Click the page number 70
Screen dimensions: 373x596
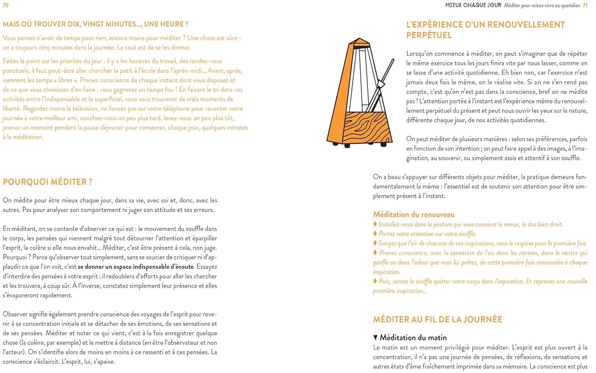tap(6, 5)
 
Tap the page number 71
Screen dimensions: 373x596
tap(585, 5)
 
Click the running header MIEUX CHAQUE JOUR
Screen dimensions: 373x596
tap(473, 5)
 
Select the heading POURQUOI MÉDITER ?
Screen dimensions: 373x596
tap(48, 182)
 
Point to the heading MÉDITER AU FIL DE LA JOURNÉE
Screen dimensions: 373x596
tap(437, 319)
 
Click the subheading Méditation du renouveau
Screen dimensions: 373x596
tap(414, 215)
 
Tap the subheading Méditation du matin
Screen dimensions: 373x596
tap(413, 338)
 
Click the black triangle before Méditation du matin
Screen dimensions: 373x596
tap(375, 338)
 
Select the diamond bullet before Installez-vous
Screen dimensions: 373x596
tap(375, 224)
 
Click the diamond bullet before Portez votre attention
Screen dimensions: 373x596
tap(375, 234)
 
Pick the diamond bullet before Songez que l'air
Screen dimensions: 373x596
tap(375, 243)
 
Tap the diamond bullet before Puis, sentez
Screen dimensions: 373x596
tap(375, 281)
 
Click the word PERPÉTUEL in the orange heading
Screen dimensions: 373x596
tap(429, 35)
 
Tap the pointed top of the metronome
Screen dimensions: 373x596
tap(359, 40)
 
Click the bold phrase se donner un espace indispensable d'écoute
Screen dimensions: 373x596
tap(136, 267)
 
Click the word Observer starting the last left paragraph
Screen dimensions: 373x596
tap(16, 314)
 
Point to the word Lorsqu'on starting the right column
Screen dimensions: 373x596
tap(420, 54)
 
